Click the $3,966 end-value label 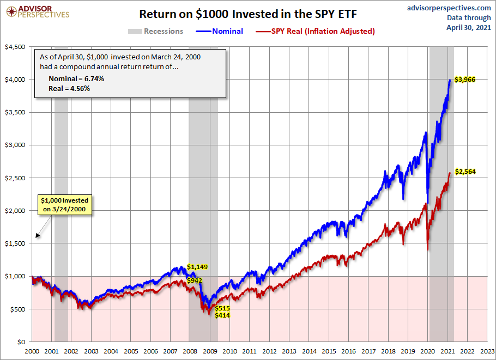464,80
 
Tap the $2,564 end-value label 464,172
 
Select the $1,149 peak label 198,267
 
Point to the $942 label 195,280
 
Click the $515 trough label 222,308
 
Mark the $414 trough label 222,315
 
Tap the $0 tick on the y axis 22,342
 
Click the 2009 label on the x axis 210,352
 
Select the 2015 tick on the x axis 329,352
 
